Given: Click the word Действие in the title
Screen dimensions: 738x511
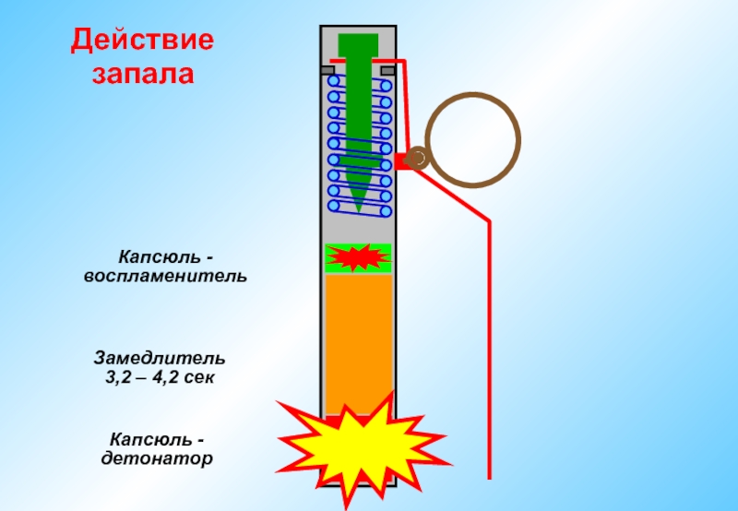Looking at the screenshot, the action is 143,42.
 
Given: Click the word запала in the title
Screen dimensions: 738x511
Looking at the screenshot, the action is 143,73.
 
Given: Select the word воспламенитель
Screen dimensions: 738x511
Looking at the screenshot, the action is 165,275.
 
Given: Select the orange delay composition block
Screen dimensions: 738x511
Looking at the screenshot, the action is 360,341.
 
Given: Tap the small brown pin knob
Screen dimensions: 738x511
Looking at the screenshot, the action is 417,159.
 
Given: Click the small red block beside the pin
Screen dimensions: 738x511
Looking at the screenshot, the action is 402,161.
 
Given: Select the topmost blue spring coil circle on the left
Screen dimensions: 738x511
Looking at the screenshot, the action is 333,80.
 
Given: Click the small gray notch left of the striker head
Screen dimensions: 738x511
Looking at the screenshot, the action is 327,69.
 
